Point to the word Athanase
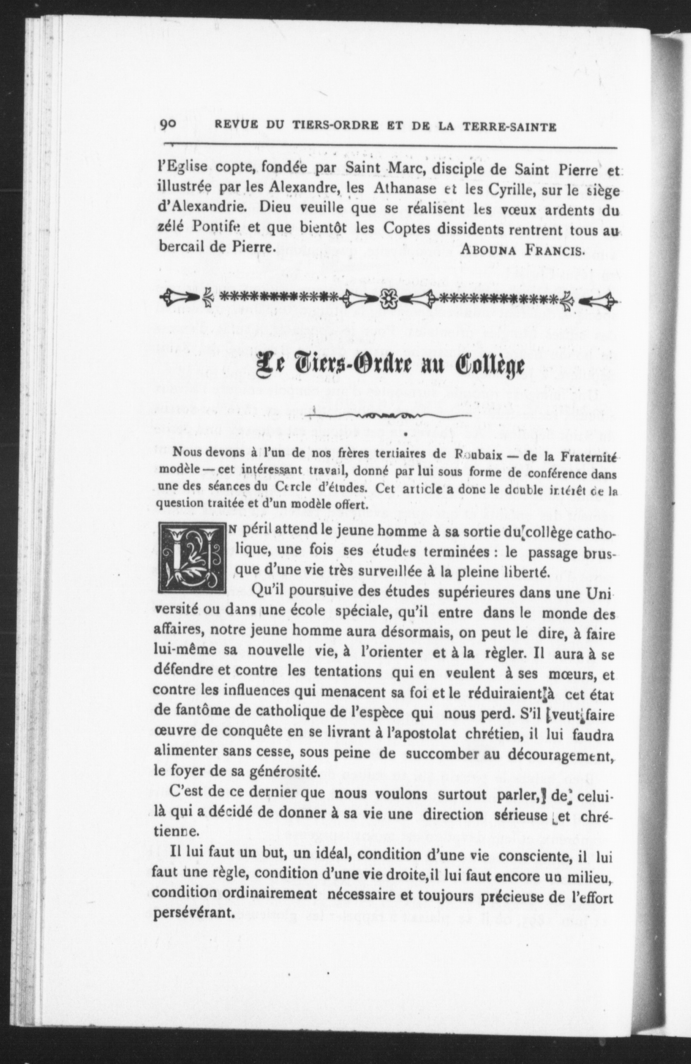405,189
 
